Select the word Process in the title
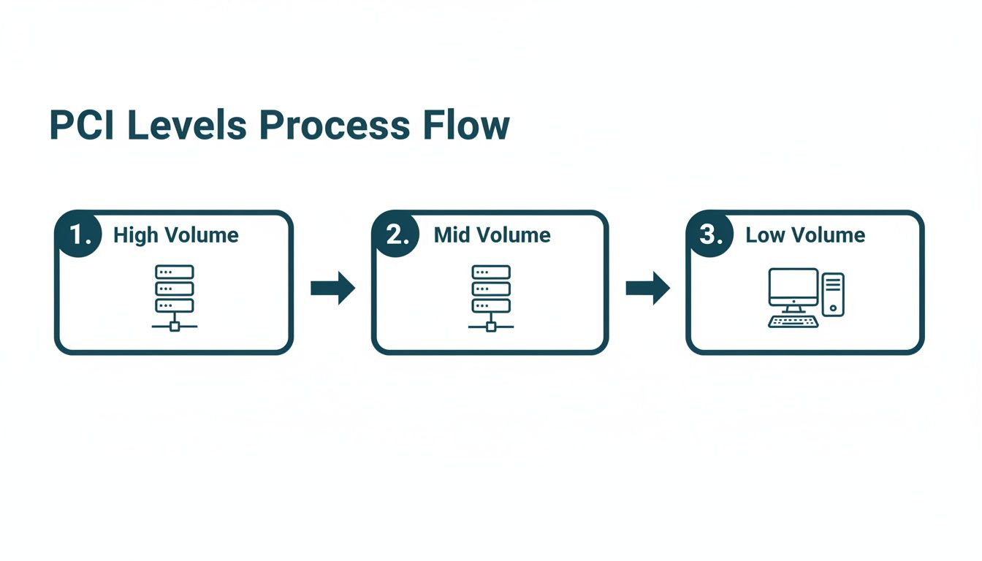click(x=333, y=126)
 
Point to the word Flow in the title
click(x=465, y=126)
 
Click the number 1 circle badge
click(x=79, y=234)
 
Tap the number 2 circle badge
click(x=396, y=234)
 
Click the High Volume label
click(x=175, y=235)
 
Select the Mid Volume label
click(x=492, y=235)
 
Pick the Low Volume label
click(x=805, y=235)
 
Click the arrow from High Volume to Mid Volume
click(x=332, y=288)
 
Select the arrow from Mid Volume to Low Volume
click(x=647, y=288)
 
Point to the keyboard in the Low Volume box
click(x=793, y=321)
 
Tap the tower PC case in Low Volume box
click(x=833, y=294)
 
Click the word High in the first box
click(x=135, y=235)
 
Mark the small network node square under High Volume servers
click(x=174, y=326)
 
